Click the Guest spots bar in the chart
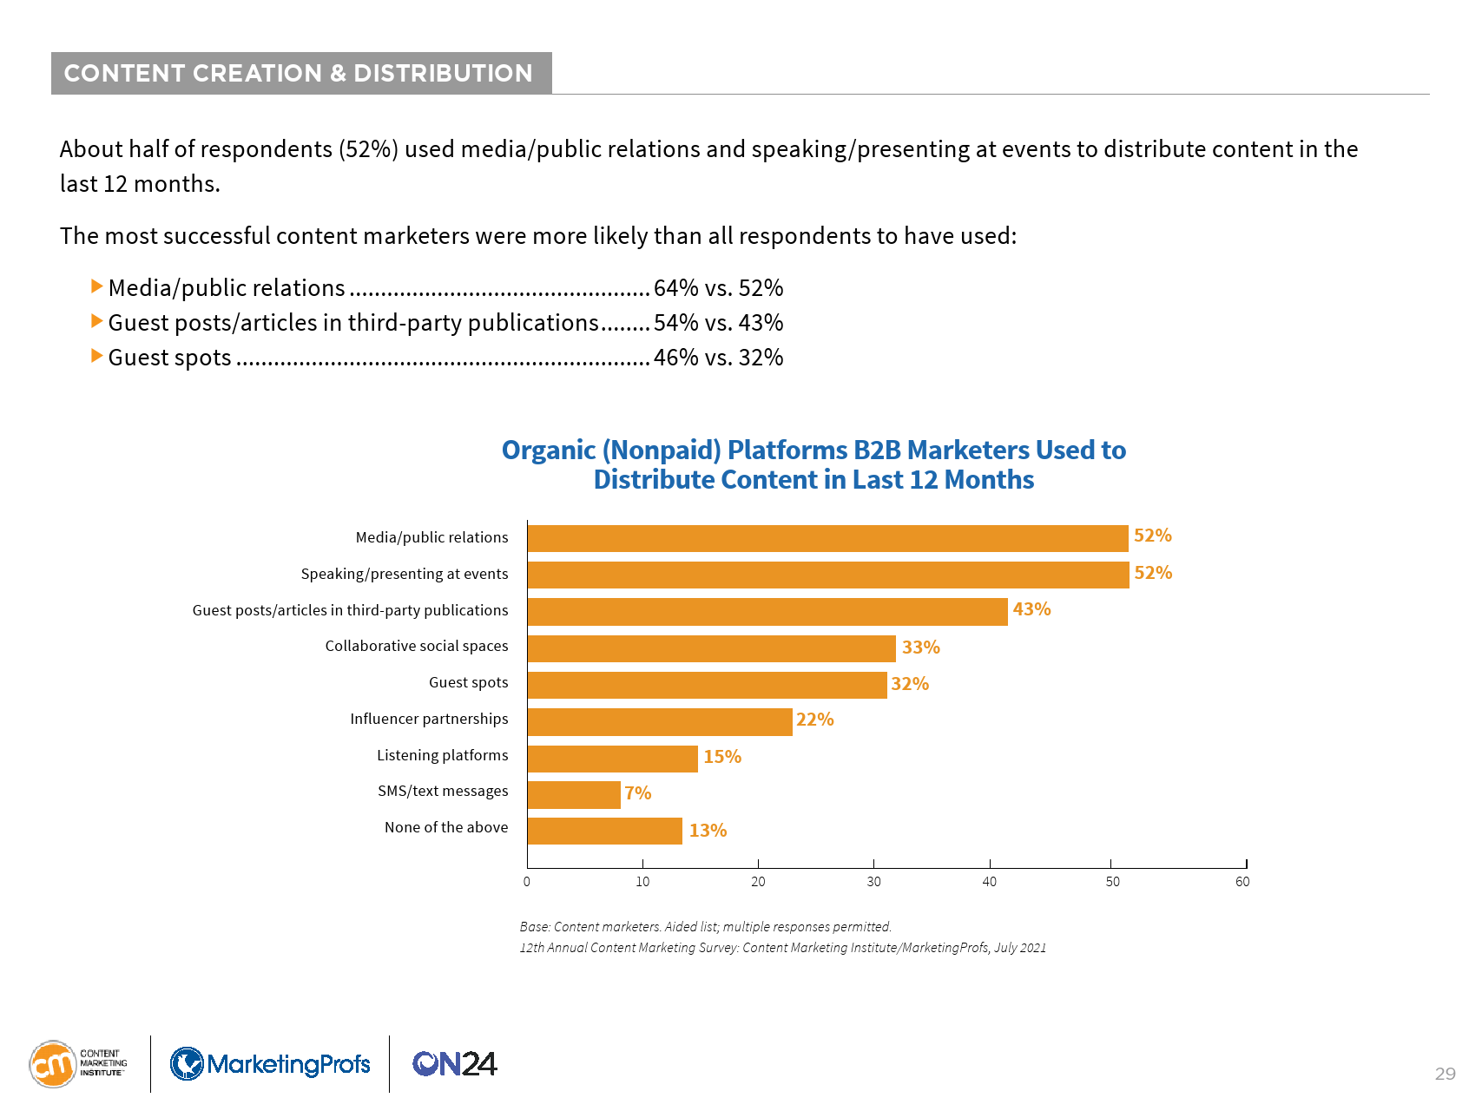(x=707, y=685)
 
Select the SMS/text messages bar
(x=574, y=794)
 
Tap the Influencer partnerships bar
(x=660, y=721)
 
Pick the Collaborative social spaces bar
(x=711, y=648)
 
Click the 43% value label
(x=1031, y=609)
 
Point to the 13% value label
(x=708, y=831)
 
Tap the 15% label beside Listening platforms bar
(x=721, y=757)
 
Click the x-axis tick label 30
(x=873, y=882)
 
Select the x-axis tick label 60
(x=1242, y=882)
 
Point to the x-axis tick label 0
(x=527, y=882)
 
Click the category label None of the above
(x=446, y=827)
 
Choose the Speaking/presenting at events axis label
(x=405, y=574)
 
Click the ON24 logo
(x=455, y=1063)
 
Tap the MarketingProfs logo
(x=270, y=1063)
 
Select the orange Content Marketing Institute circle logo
(x=53, y=1064)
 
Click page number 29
(x=1445, y=1074)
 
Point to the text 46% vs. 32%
(x=718, y=358)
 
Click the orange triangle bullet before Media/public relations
(x=97, y=286)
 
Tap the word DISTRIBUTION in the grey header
(x=443, y=73)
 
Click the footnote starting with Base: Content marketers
(x=705, y=926)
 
